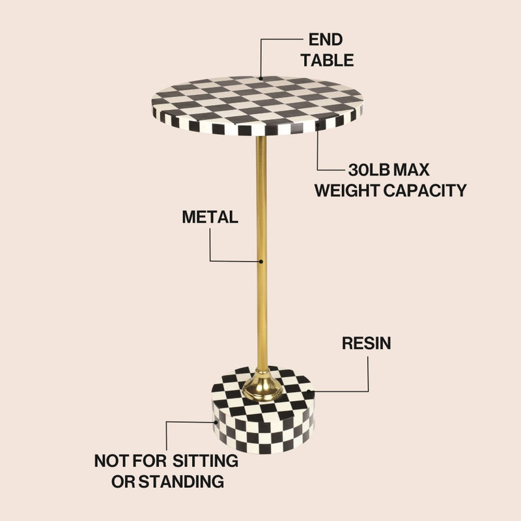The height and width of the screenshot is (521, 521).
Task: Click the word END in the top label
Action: point(325,40)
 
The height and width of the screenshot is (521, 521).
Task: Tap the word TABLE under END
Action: point(328,61)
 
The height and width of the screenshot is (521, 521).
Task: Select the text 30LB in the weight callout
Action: point(369,170)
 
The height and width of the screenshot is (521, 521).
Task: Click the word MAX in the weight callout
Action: point(412,170)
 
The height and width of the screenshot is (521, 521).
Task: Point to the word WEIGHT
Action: point(347,190)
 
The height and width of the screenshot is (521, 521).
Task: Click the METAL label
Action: point(210,217)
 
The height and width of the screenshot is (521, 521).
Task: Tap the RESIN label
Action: point(366,343)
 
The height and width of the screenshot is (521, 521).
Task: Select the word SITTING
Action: point(205,461)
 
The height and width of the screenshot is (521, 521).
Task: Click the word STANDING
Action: point(181,481)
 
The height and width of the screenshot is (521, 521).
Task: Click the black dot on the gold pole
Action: point(261,262)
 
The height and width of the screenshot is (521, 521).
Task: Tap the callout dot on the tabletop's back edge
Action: point(261,79)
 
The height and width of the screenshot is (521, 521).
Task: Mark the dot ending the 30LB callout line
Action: point(317,125)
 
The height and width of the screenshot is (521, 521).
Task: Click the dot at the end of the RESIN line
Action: point(309,391)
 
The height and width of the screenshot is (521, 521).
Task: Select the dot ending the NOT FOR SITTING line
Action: point(216,423)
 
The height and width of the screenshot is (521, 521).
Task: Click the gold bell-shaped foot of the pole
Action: point(262,386)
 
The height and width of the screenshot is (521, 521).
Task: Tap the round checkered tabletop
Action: point(257,106)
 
